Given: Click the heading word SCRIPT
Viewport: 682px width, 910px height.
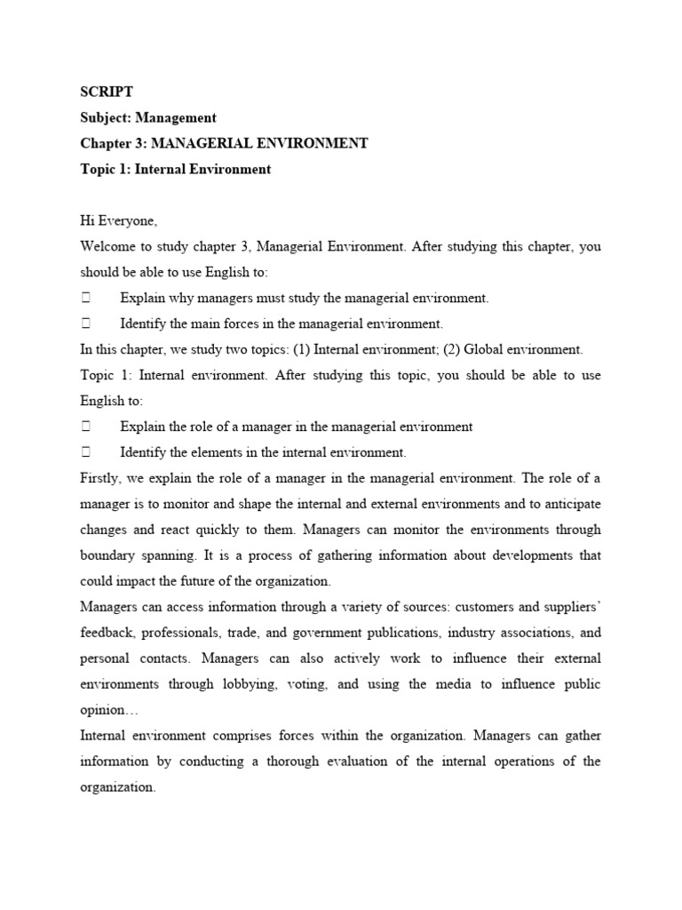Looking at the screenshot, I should pyautogui.click(x=107, y=92).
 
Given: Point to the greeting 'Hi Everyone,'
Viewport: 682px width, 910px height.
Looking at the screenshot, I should pyautogui.click(x=118, y=220).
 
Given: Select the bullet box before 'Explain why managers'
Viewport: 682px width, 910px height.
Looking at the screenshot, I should pyautogui.click(x=87, y=298).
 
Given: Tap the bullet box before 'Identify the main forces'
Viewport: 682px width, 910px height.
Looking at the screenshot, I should pyautogui.click(x=87, y=323).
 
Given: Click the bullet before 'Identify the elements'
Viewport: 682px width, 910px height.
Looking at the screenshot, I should pyautogui.click(x=87, y=452).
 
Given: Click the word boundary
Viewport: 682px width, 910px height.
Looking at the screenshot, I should pyautogui.click(x=108, y=555).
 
